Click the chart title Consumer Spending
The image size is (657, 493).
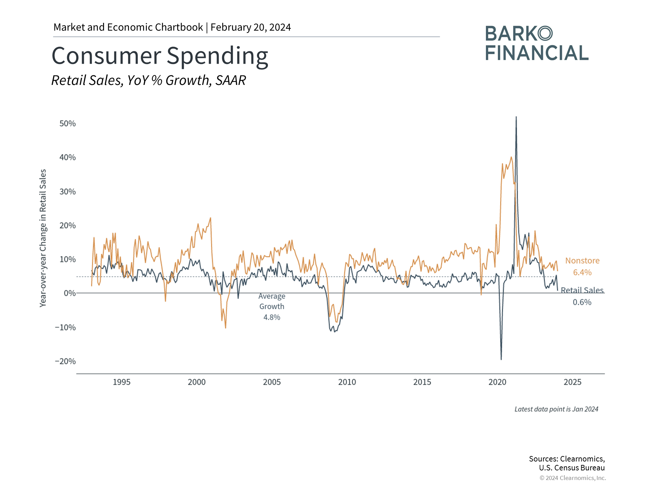pos(160,56)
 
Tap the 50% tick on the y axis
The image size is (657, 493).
pos(67,124)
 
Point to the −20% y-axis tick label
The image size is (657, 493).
pos(65,362)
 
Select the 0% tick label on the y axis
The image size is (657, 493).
pos(70,293)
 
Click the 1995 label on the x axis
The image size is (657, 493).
pos(121,382)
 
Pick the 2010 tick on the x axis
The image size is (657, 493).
pos(347,382)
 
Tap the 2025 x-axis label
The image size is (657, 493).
pos(572,382)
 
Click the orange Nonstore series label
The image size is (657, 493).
pos(582,261)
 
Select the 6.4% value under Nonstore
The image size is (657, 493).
pos(582,273)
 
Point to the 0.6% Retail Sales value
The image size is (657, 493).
pos(582,302)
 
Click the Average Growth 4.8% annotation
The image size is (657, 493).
pos(272,307)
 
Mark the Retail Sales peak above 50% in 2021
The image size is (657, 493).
pos(516,117)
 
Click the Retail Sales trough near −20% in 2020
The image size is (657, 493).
pos(501,359)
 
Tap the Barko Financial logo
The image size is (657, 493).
pos(537,43)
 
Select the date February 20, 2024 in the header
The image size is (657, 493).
pos(251,27)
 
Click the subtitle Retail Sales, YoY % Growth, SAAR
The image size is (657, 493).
pos(149,80)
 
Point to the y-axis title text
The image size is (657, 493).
pos(43,238)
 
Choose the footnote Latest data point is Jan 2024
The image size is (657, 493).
pos(556,409)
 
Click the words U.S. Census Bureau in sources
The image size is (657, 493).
pos(572,468)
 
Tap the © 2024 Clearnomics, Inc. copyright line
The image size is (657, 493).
pos(573,478)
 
